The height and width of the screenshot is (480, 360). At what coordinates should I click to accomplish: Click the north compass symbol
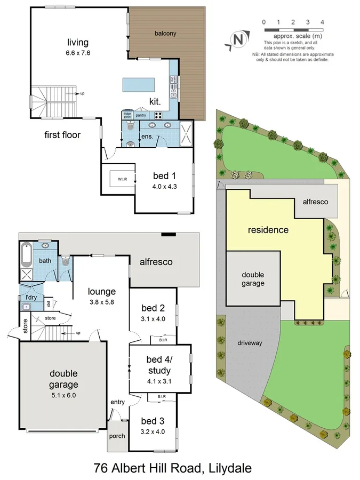pos(238,39)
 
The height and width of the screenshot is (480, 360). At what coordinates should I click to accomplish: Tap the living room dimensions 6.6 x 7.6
pos(78,53)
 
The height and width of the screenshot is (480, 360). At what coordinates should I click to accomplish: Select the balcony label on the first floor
pos(165,33)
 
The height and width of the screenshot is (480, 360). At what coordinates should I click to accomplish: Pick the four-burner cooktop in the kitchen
pos(158,115)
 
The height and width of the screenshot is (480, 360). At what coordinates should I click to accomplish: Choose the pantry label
pos(141,115)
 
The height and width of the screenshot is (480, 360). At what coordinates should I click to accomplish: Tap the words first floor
pos(62,135)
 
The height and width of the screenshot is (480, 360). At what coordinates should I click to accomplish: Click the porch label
pos(117,436)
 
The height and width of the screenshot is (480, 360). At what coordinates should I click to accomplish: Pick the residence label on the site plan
pos(268,230)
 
